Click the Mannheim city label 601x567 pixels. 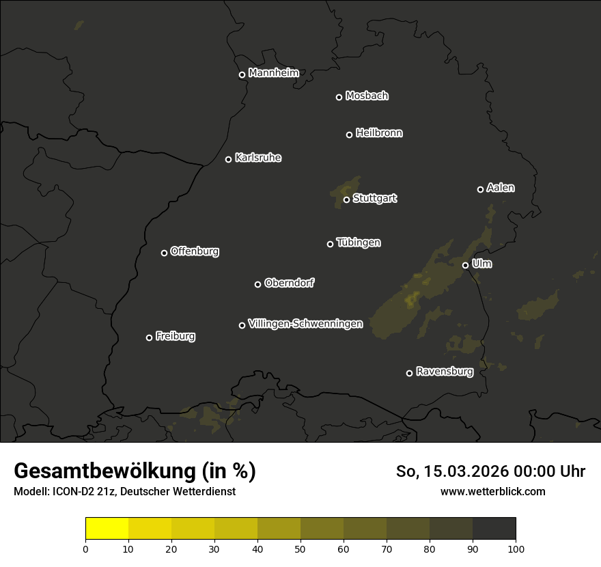[273, 73]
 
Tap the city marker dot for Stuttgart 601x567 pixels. [346, 199]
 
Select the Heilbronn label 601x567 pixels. [379, 133]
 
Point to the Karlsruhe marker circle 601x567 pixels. [228, 159]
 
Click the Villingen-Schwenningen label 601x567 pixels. [305, 324]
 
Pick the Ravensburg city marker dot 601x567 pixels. [409, 373]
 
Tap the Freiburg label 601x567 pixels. [175, 336]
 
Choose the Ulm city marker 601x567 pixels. [465, 265]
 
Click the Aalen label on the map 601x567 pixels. [501, 188]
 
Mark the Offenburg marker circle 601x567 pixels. [164, 253]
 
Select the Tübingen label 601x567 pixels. [359, 243]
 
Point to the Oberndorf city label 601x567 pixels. [289, 283]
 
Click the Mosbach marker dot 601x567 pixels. [339, 97]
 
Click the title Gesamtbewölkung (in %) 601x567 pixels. [135, 471]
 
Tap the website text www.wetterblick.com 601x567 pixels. [492, 491]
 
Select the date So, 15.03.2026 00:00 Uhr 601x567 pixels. [490, 471]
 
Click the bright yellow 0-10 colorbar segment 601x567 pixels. [107, 529]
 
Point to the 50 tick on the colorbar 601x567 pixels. [300, 549]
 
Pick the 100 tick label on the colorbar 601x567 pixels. [516, 549]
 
